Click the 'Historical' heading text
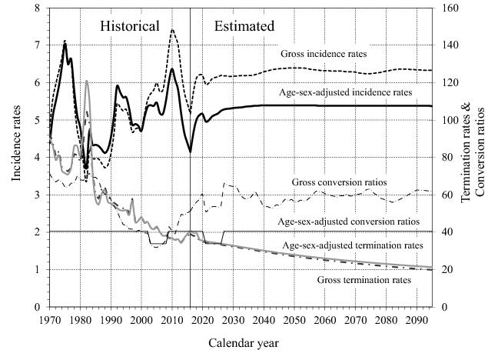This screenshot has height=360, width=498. [x=130, y=26]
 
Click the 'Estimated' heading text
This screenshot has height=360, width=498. [x=244, y=26]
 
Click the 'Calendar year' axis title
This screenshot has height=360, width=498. [x=240, y=342]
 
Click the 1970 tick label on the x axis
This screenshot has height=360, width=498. [x=50, y=316]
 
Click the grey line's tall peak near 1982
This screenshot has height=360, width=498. [x=87, y=81]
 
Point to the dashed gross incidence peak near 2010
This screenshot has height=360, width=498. [x=172, y=30]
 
